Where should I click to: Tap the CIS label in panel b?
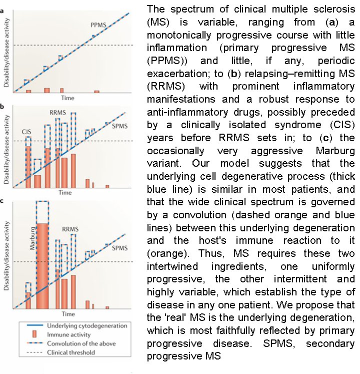pos(27,131)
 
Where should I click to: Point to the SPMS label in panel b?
pos(118,127)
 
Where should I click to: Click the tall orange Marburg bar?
pos(43,265)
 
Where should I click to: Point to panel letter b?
pos(3,107)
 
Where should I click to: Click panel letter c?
pos(3,201)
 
